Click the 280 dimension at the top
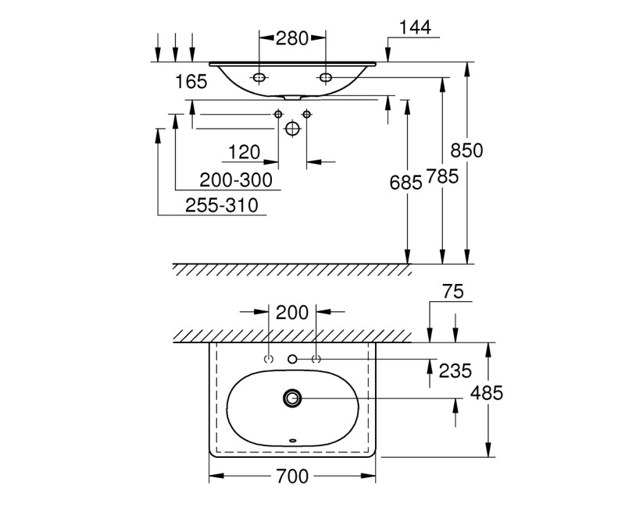(292, 37)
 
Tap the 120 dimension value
(244, 151)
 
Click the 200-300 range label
(236, 181)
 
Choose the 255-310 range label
(222, 205)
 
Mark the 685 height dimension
(405, 182)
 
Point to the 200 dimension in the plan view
(292, 313)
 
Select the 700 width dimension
(292, 475)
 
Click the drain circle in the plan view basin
(293, 399)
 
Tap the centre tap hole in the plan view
(293, 359)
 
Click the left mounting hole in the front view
(259, 77)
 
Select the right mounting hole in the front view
(325, 77)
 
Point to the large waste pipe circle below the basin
(292, 128)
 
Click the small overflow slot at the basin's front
(293, 441)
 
